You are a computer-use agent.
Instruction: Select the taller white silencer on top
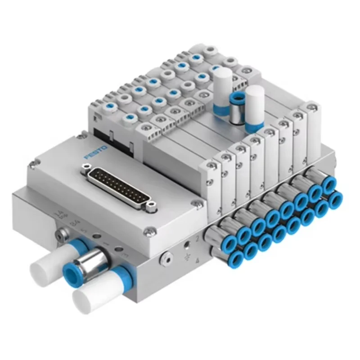(223, 90)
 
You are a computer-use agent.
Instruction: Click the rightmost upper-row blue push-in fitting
(329, 184)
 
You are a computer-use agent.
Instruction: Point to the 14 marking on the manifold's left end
(58, 213)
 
